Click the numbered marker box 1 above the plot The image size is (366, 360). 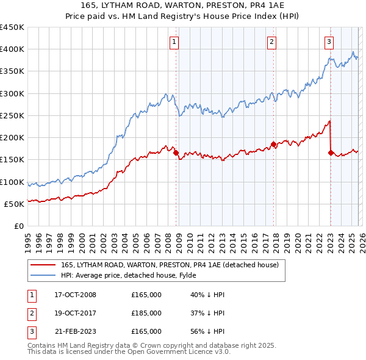174,42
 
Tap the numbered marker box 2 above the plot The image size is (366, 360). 271,42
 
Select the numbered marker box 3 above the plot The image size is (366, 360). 329,42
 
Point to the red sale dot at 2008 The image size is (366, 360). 176,154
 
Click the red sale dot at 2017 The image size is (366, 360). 273,145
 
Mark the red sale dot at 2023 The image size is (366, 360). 331,154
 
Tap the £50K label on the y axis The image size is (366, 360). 15,204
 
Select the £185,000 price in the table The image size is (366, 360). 146,313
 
